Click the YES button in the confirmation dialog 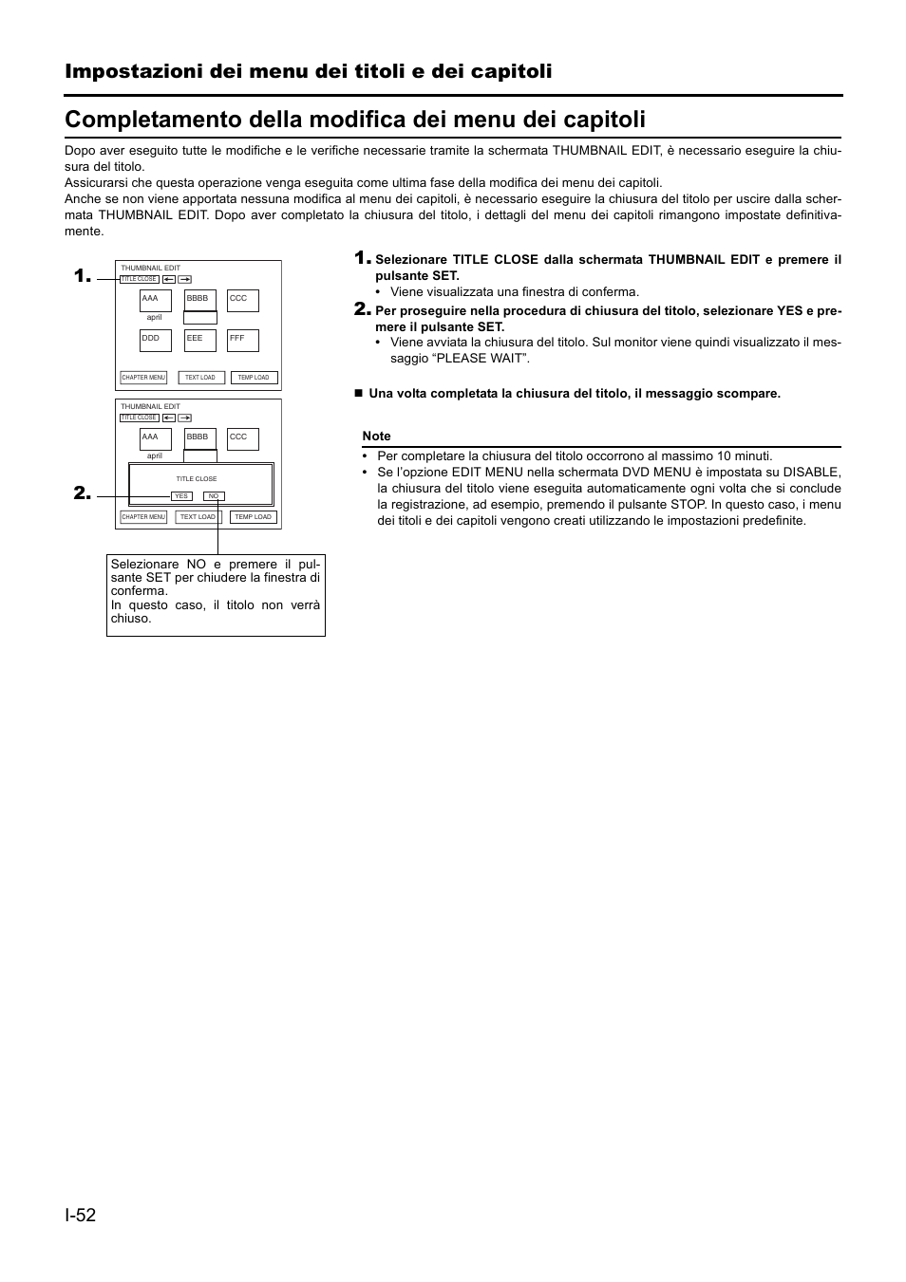click(181, 496)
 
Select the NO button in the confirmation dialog click(214, 496)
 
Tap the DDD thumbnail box click(156, 340)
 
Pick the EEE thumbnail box click(199, 340)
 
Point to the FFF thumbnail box click(243, 340)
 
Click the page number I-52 click(81, 1216)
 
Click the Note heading click(376, 437)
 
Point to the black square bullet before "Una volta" click(359, 393)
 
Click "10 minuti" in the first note click(745, 456)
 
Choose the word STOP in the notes click(688, 505)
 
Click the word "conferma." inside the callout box click(140, 591)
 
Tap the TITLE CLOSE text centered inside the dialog click(197, 479)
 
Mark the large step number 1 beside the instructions click(362, 258)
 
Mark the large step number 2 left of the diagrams click(82, 493)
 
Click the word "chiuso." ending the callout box click(131, 619)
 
